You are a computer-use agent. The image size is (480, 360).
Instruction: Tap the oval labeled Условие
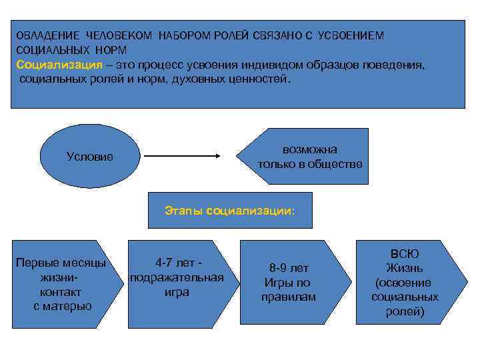pyautogui.click(x=90, y=157)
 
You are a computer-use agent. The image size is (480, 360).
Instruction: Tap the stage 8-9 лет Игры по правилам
pyautogui.click(x=288, y=283)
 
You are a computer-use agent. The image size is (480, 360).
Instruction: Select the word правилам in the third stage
pyautogui.click(x=288, y=297)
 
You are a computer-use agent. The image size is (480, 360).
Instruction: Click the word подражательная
pyautogui.click(x=177, y=277)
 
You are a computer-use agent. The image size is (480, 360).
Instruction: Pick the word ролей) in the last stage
pyautogui.click(x=405, y=311)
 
